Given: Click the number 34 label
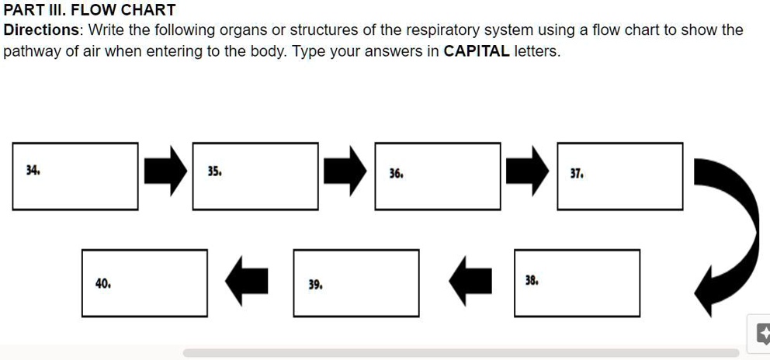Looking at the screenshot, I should (32, 169).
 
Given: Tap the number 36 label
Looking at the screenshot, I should (396, 174).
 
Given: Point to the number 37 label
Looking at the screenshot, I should (577, 174).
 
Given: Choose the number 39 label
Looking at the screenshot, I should (315, 285).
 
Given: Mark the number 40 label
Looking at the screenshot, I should (102, 283).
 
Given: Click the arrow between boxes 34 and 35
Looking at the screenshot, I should (165, 172).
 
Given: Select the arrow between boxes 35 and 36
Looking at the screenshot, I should (345, 172).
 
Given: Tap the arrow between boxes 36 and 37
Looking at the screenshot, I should (528, 172).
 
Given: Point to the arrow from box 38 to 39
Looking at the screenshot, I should (470, 281).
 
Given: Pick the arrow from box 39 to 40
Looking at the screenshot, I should (247, 281).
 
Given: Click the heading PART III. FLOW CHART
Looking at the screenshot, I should (90, 10).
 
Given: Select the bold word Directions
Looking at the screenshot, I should (43, 30).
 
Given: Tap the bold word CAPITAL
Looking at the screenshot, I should (477, 52).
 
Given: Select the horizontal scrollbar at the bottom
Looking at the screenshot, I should (461, 353).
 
